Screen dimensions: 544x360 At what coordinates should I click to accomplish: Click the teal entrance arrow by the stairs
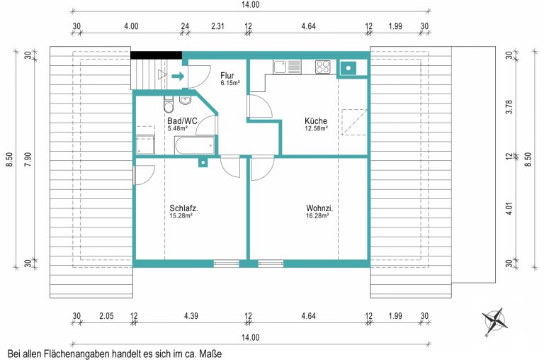click(x=178, y=76)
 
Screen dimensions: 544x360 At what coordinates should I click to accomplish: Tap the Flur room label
click(x=227, y=75)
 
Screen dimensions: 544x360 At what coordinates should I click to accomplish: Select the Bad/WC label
click(x=182, y=120)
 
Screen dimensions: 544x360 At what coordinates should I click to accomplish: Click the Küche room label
click(x=316, y=120)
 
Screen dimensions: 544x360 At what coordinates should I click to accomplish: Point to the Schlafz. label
click(x=184, y=208)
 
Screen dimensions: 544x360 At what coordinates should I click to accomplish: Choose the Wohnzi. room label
click(x=319, y=208)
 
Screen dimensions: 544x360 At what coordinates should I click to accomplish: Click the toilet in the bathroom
click(x=169, y=104)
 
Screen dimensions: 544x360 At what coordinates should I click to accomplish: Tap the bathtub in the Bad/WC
click(x=195, y=145)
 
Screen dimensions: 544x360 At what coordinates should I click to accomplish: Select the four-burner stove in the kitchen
click(x=323, y=67)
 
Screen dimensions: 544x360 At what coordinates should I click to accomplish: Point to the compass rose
click(x=494, y=321)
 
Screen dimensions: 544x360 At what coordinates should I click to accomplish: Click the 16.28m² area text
click(x=317, y=215)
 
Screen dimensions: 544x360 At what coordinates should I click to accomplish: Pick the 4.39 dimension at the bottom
click(x=191, y=316)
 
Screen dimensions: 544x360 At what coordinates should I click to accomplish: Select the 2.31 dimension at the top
click(x=218, y=26)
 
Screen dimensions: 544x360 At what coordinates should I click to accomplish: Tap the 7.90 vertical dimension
click(x=28, y=159)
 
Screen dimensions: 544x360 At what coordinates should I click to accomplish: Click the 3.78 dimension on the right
click(x=509, y=107)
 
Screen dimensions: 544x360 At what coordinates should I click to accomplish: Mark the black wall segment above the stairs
click(x=156, y=55)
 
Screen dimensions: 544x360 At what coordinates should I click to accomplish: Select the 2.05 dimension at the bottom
click(x=106, y=316)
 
